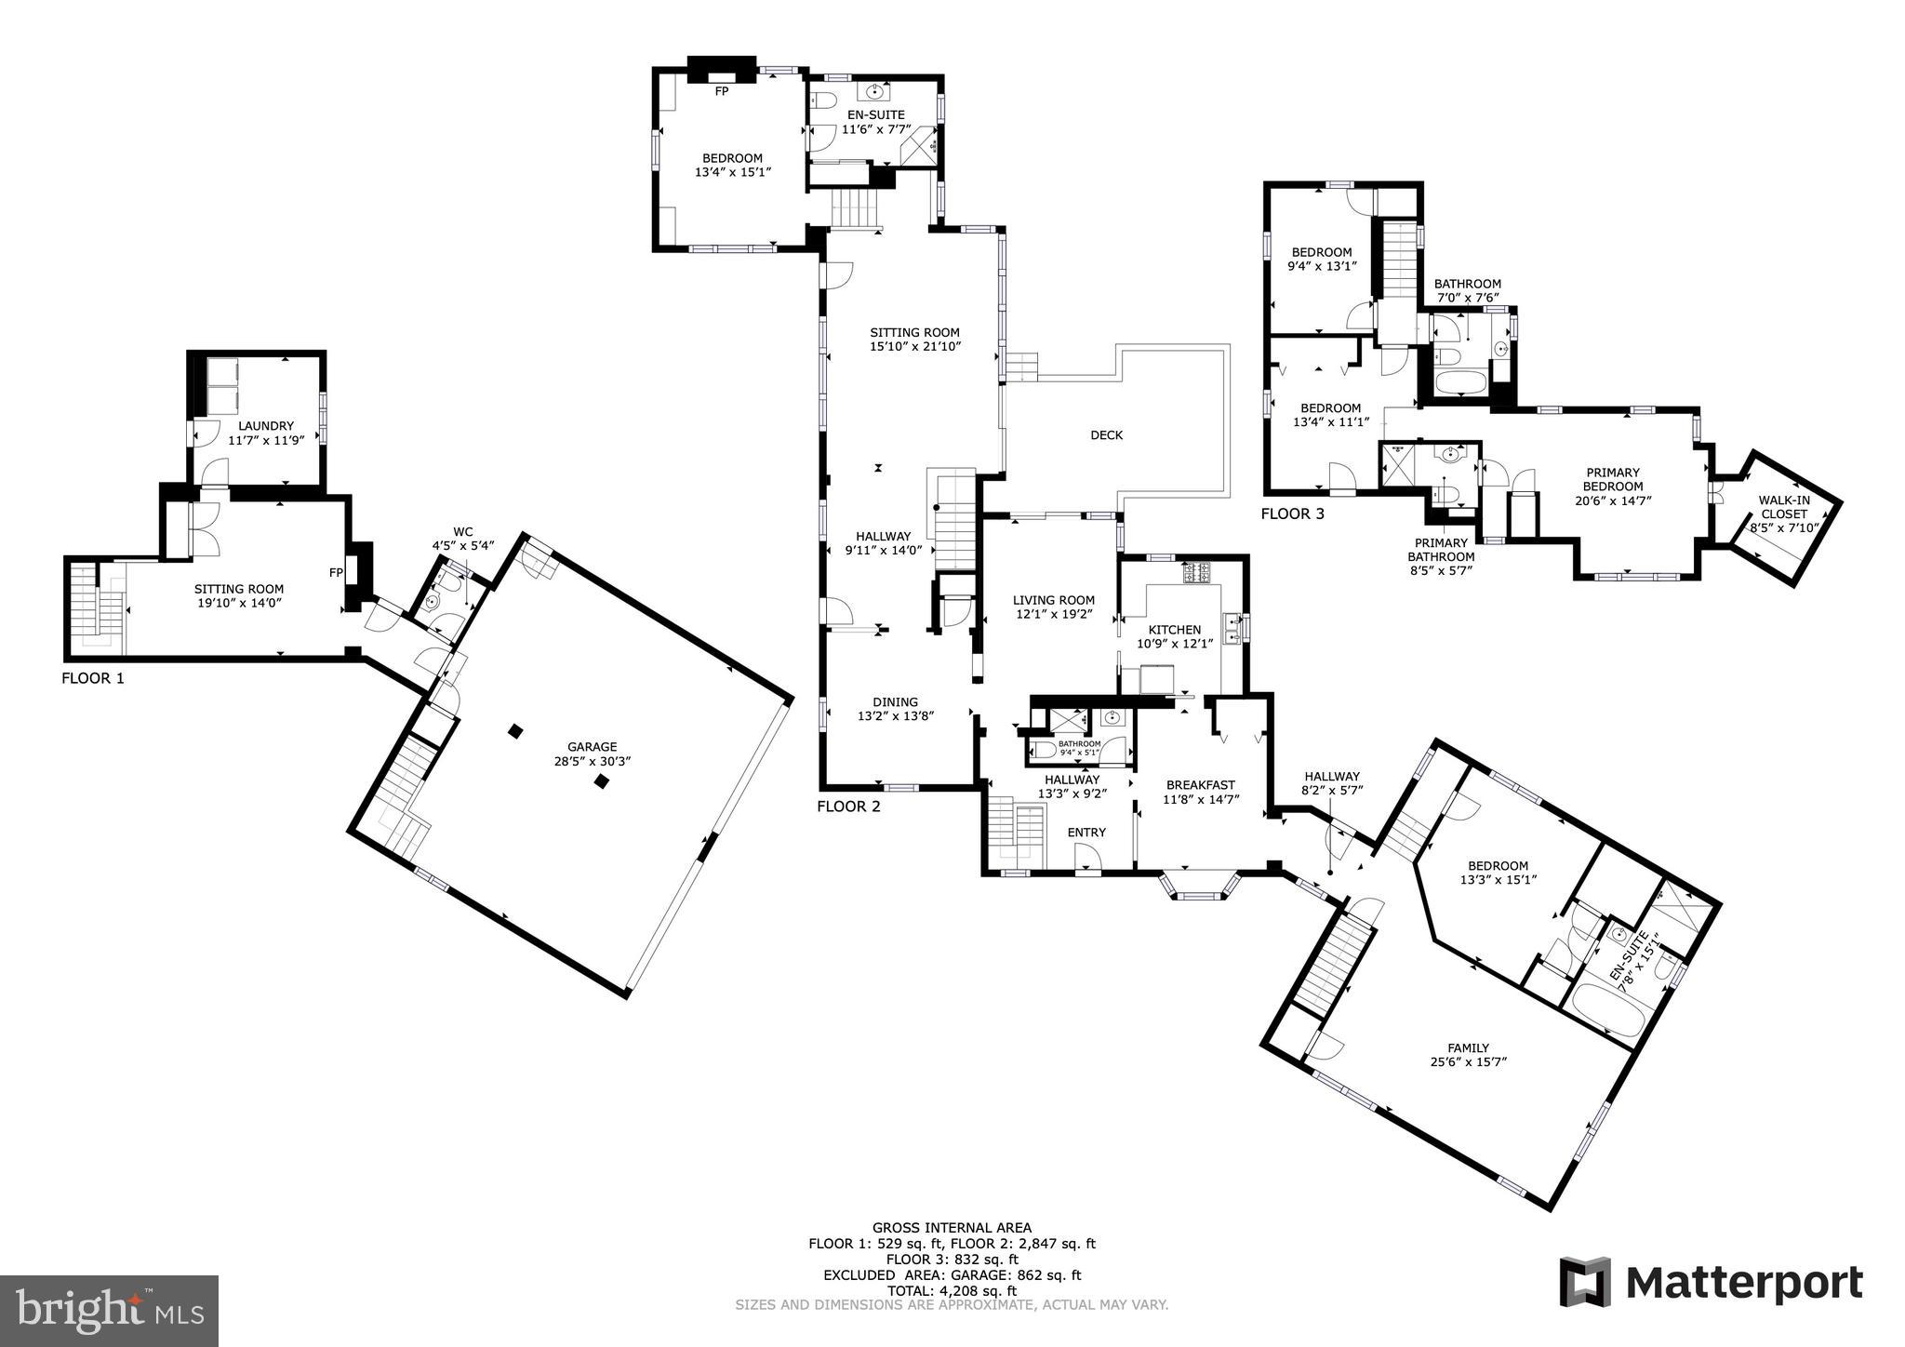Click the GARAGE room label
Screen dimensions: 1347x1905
click(x=592, y=746)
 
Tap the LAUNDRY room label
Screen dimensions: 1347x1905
click(x=265, y=426)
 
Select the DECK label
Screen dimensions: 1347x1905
click(x=1106, y=434)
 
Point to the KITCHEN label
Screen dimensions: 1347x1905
click(x=1175, y=630)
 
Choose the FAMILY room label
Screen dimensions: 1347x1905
click(x=1468, y=1047)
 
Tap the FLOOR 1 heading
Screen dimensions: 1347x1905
click(x=92, y=678)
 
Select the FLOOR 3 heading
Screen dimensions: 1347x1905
click(x=1292, y=513)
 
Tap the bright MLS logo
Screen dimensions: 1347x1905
click(x=109, y=1311)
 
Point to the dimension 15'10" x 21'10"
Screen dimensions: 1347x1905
click(x=914, y=346)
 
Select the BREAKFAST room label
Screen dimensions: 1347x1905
click(x=1200, y=784)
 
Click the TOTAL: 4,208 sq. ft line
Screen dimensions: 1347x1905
click(x=952, y=1291)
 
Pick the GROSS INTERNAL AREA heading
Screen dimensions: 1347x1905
click(x=952, y=1228)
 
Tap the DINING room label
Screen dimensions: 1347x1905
click(x=895, y=701)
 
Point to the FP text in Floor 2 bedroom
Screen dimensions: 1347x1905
click(x=721, y=91)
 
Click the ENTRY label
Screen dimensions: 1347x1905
click(x=1086, y=832)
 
